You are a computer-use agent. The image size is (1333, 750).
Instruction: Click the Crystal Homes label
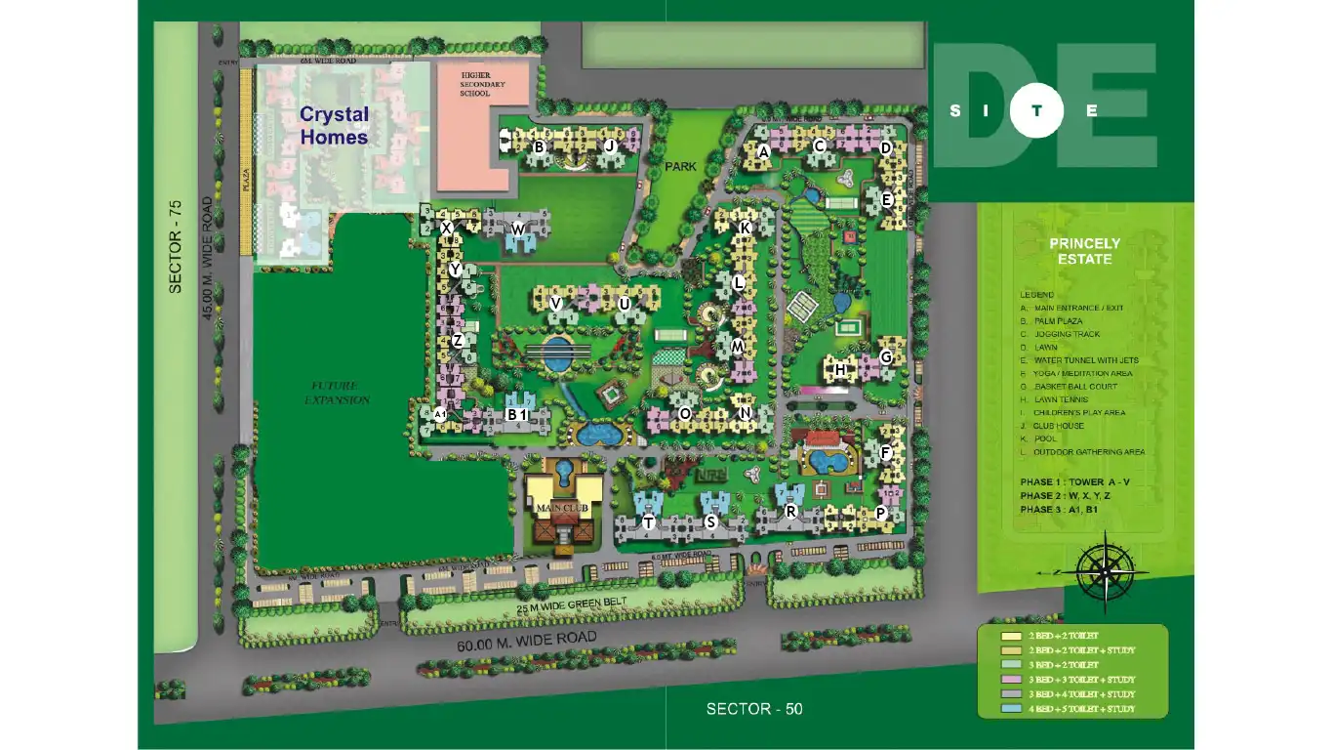click(334, 126)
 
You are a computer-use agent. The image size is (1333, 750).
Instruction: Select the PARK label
click(681, 167)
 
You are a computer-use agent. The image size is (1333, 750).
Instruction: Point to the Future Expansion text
click(337, 394)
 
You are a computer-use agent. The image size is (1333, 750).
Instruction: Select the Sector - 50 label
click(754, 709)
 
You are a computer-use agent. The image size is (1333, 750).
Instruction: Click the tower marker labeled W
click(518, 229)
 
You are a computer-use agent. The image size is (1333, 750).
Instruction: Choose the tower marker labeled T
click(648, 523)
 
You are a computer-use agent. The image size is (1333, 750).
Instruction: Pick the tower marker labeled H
click(840, 370)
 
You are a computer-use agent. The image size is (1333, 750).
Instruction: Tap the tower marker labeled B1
click(516, 414)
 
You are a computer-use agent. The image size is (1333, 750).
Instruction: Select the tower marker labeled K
click(745, 228)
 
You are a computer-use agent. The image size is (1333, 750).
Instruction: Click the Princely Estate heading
click(1085, 251)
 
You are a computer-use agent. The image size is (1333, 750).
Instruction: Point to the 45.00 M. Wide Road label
click(207, 258)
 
